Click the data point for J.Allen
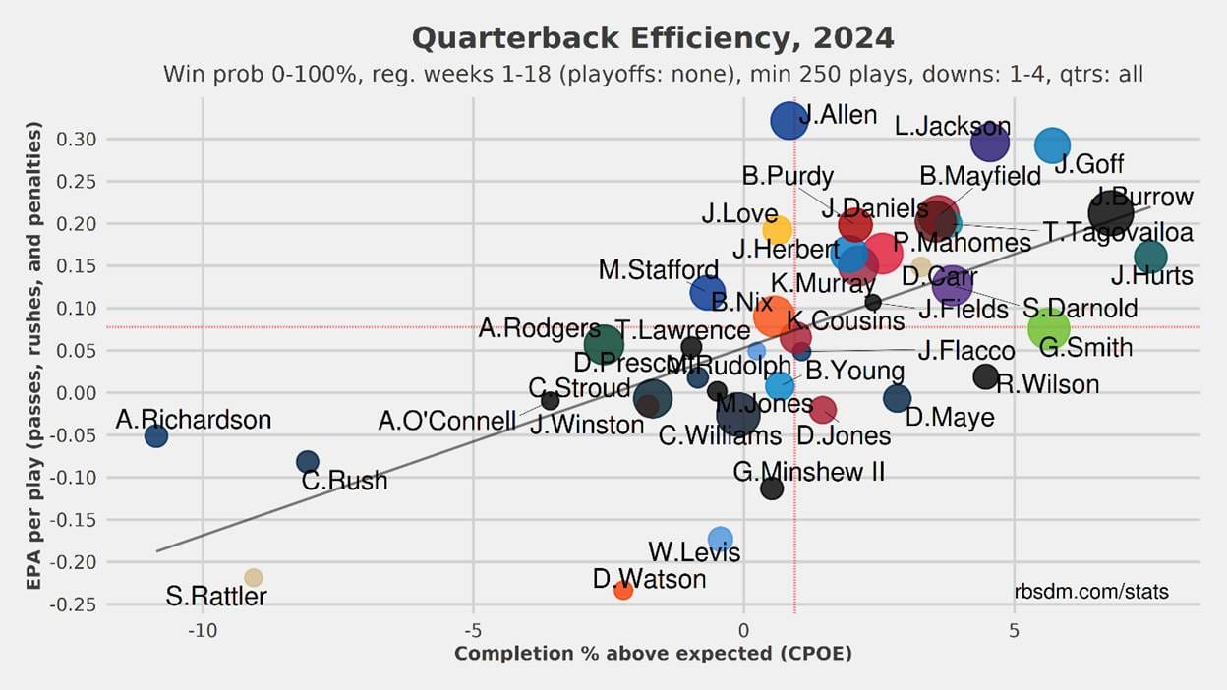tap(789, 121)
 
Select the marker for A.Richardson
tap(156, 435)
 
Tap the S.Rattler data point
tap(254, 577)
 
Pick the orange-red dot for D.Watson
tap(623, 590)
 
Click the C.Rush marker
tap(308, 462)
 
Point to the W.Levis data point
tap(721, 539)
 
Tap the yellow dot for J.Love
tap(777, 231)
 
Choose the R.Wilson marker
tap(985, 376)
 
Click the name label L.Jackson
tap(952, 127)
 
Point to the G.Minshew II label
tap(809, 472)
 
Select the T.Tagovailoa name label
tap(1118, 232)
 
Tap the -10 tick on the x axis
tap(203, 630)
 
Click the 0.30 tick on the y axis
tap(76, 140)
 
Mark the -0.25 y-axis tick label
tap(74, 604)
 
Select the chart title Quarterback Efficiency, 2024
tap(653, 38)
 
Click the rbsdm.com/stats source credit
tap(1091, 592)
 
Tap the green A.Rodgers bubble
tap(604, 344)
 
